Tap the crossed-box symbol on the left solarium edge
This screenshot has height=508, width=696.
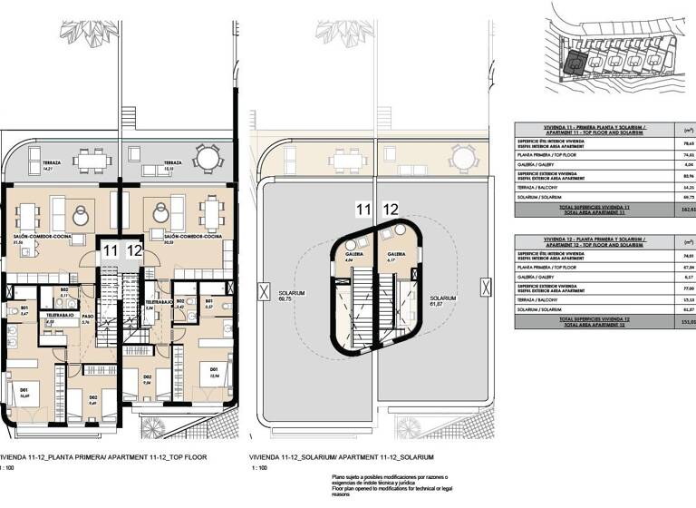(x=262, y=292)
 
